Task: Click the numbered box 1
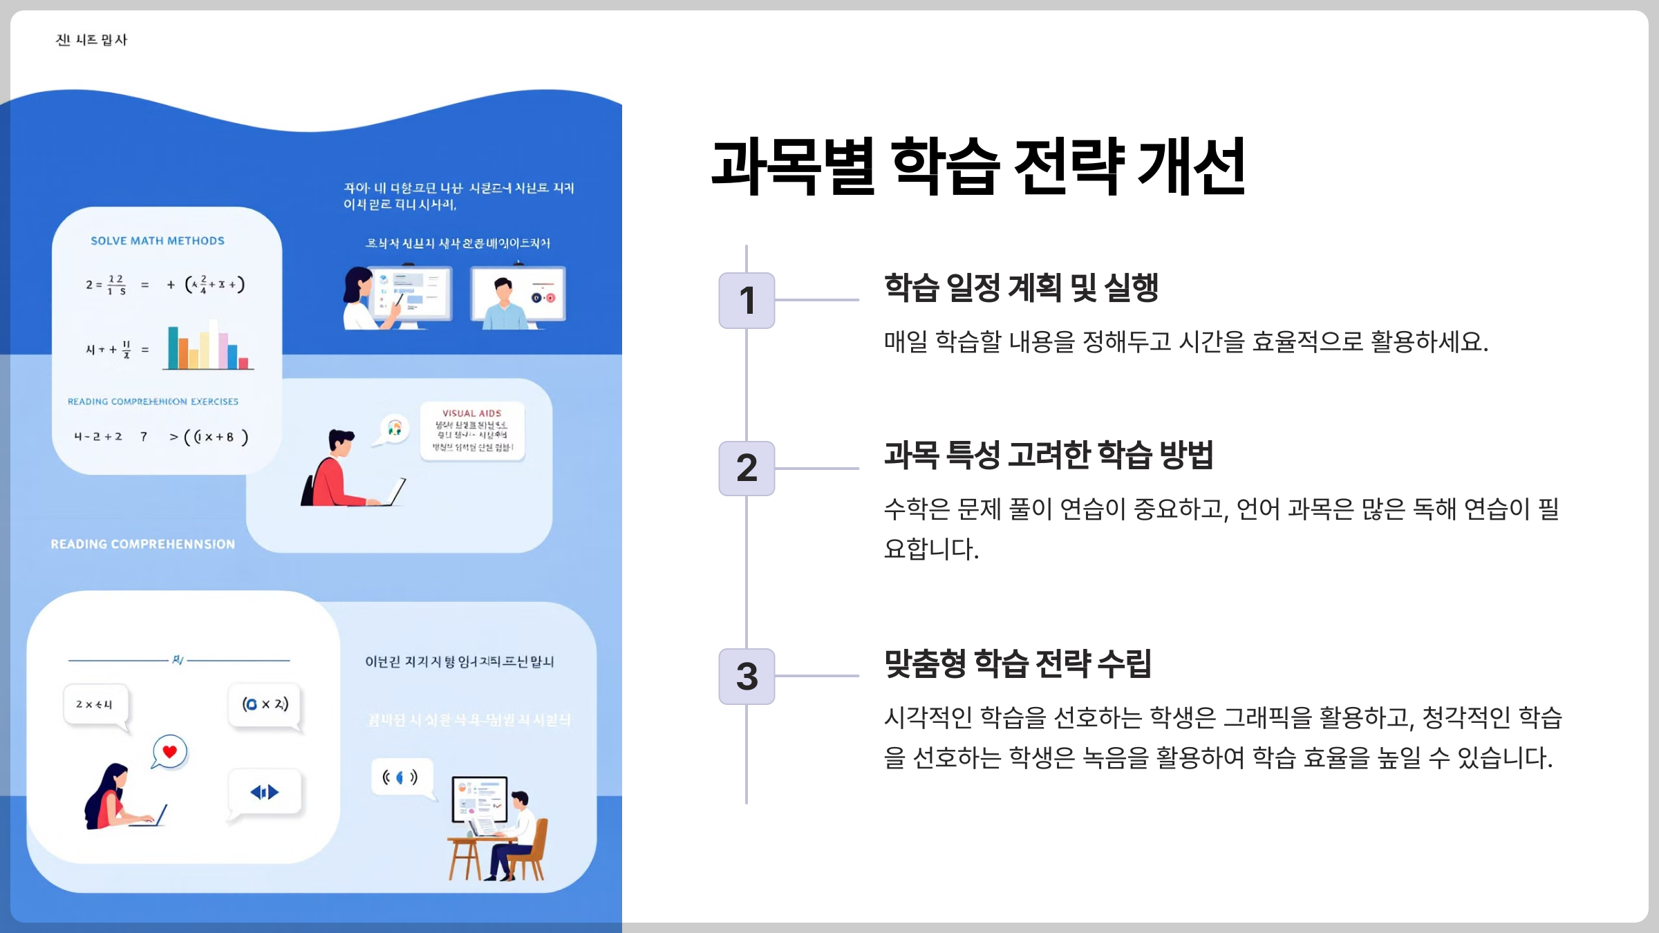pyautogui.click(x=747, y=300)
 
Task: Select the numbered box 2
pyautogui.click(x=747, y=468)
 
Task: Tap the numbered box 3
pyautogui.click(x=747, y=676)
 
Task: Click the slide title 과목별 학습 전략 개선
pyautogui.click(x=977, y=166)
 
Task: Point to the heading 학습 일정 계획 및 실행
pyautogui.click(x=1021, y=288)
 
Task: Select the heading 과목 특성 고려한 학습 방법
pyautogui.click(x=1048, y=455)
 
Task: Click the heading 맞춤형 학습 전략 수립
pyautogui.click(x=1018, y=663)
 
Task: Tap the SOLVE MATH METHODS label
pyautogui.click(x=158, y=241)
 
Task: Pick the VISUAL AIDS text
pyautogui.click(x=472, y=413)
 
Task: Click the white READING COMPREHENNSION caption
pyautogui.click(x=142, y=544)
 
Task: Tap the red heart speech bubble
pyautogui.click(x=169, y=752)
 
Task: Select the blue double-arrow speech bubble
pyautogui.click(x=265, y=792)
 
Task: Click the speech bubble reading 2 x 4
pyautogui.click(x=95, y=704)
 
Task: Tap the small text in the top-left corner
pyautogui.click(x=91, y=40)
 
